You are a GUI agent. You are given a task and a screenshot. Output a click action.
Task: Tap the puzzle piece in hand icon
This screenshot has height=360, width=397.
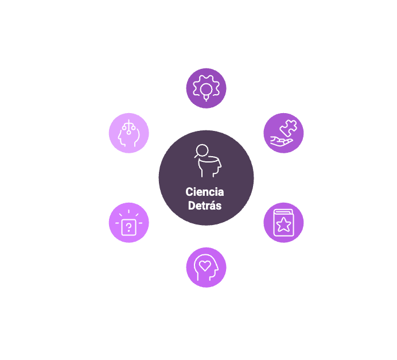tap(283, 132)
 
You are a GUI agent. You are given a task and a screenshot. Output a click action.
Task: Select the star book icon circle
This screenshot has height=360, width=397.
tap(283, 223)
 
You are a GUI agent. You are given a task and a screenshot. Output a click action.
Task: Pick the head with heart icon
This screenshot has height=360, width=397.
tap(206, 267)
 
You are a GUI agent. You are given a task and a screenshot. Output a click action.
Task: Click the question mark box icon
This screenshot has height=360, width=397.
tap(129, 223)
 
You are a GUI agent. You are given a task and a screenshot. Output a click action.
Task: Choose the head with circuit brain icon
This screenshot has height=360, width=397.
tap(129, 132)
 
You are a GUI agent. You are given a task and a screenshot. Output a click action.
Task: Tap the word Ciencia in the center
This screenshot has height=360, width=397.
tap(205, 192)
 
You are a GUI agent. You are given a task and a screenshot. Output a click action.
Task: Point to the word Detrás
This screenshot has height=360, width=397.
tap(205, 206)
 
